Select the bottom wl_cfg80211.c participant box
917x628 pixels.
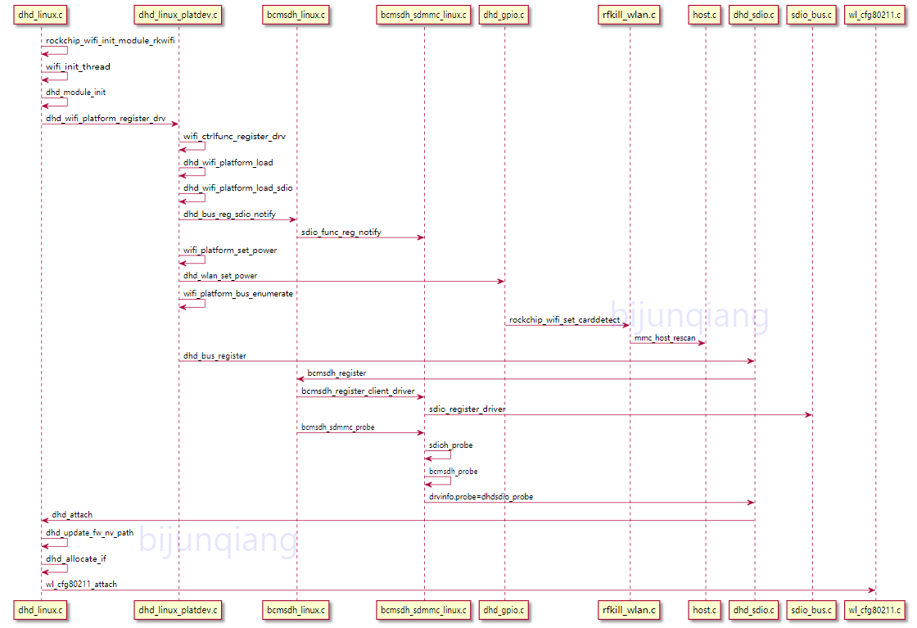pyautogui.click(x=875, y=609)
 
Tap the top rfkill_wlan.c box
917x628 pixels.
pyautogui.click(x=630, y=14)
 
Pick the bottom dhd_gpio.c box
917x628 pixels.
pyautogui.click(x=504, y=609)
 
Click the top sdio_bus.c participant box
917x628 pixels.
pyautogui.click(x=812, y=14)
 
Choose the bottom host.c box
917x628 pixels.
pyautogui.click(x=705, y=609)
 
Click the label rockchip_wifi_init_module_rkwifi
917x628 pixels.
pyautogui.click(x=111, y=41)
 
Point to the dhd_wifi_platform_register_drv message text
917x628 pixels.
pyautogui.click(x=106, y=118)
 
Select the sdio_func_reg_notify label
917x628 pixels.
pyautogui.click(x=341, y=233)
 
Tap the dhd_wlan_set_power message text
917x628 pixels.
pyautogui.click(x=220, y=276)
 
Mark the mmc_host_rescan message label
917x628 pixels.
pyautogui.click(x=665, y=337)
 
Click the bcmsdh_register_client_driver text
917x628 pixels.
pyautogui.click(x=358, y=391)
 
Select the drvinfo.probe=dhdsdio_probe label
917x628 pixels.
pyautogui.click(x=481, y=496)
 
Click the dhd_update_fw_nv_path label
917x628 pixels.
pyautogui.click(x=89, y=532)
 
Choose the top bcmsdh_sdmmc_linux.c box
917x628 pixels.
pyautogui.click(x=424, y=14)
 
